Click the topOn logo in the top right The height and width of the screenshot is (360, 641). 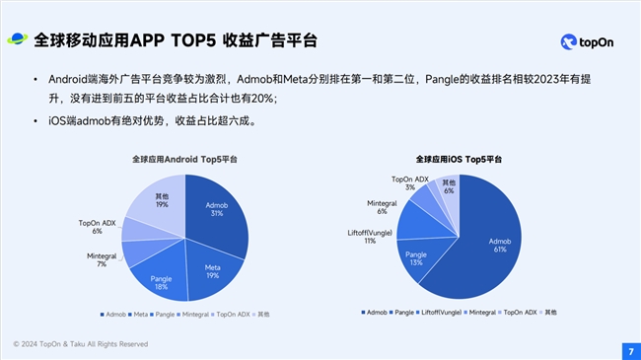coord(590,41)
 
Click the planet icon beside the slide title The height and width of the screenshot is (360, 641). coord(18,39)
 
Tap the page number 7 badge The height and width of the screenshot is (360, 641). coord(629,350)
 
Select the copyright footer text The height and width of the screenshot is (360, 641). coord(81,344)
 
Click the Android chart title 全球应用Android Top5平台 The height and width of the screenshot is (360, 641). coord(184,159)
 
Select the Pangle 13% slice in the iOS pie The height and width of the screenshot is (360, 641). coord(418,258)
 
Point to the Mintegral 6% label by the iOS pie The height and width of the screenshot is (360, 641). coord(382,207)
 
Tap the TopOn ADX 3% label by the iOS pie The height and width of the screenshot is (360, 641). coord(409,182)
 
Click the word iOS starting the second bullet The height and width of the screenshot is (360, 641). coord(43,122)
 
